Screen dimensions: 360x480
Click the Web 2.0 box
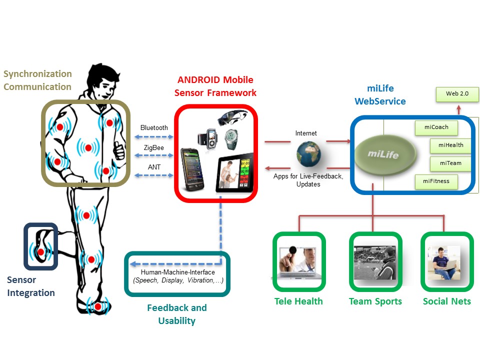point(454,93)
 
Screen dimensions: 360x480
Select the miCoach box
point(436,127)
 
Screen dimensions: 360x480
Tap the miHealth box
point(450,145)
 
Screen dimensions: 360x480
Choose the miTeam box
point(450,163)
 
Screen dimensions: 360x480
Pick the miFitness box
point(436,181)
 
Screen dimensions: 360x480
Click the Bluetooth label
point(154,128)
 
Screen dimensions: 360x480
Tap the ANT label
point(154,167)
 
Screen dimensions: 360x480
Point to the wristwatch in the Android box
point(231,137)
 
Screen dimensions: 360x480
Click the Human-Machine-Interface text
point(178,273)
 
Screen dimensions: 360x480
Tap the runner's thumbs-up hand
point(118,148)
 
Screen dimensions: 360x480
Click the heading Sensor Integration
point(30,286)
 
